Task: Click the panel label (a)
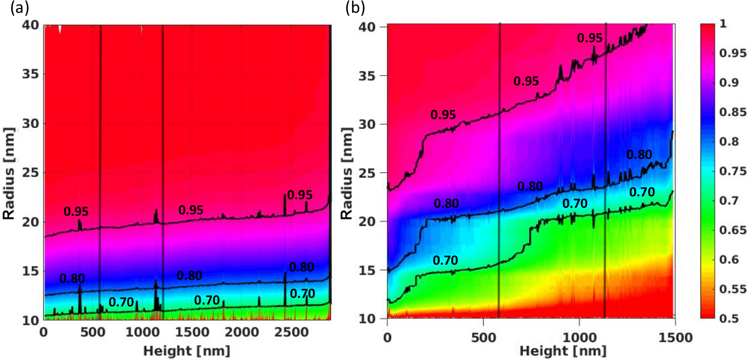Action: click(20, 8)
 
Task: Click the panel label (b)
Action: click(355, 8)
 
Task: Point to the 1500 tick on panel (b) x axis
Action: click(674, 338)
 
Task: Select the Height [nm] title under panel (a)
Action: click(187, 351)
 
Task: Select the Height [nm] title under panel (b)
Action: click(563, 351)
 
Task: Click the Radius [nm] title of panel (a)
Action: click(9, 173)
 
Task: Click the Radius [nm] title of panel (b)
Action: click(346, 173)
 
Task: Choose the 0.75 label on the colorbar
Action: click(733, 171)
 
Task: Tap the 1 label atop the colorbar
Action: click(723, 24)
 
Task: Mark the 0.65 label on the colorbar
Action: click(733, 230)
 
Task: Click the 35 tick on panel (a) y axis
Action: click(31, 74)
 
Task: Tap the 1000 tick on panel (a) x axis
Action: click(141, 332)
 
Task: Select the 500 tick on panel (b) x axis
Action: click(483, 338)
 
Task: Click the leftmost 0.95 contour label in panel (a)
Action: click(76, 212)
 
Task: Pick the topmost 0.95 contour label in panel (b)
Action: click(589, 38)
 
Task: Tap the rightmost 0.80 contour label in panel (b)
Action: click(639, 155)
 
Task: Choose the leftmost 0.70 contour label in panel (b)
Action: click(445, 260)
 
